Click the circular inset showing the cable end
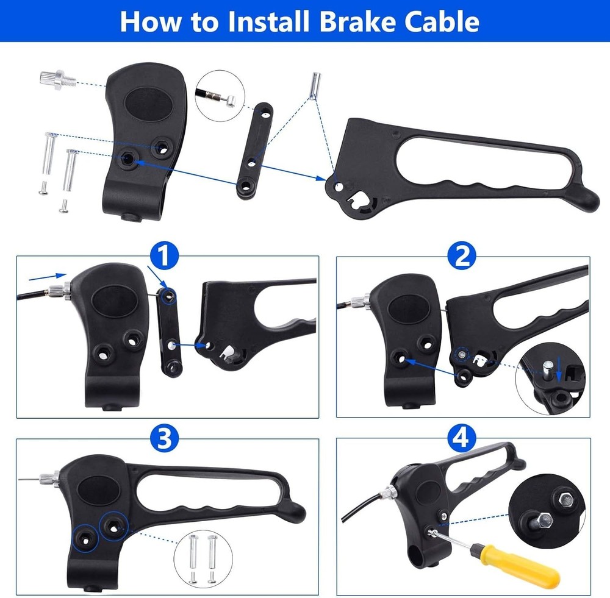[220, 93]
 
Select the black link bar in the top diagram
[251, 149]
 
